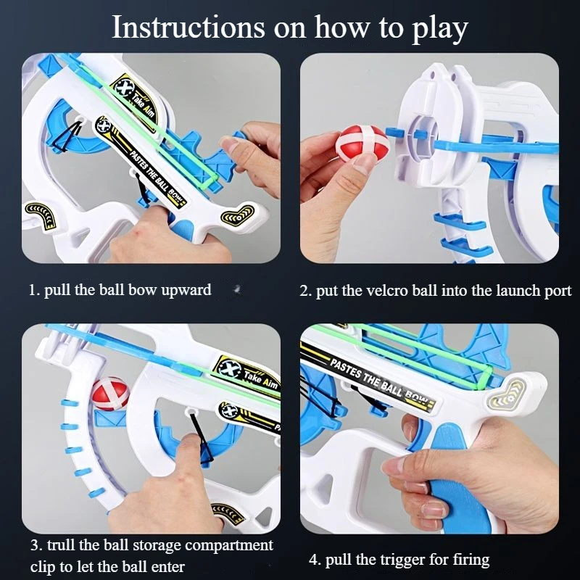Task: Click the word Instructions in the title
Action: (188, 27)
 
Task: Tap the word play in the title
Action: (440, 30)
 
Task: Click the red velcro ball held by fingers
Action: (362, 143)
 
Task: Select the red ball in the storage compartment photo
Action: (110, 394)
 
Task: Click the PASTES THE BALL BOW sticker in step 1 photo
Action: (141, 162)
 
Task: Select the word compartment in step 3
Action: (229, 546)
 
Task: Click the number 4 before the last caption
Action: (314, 560)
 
